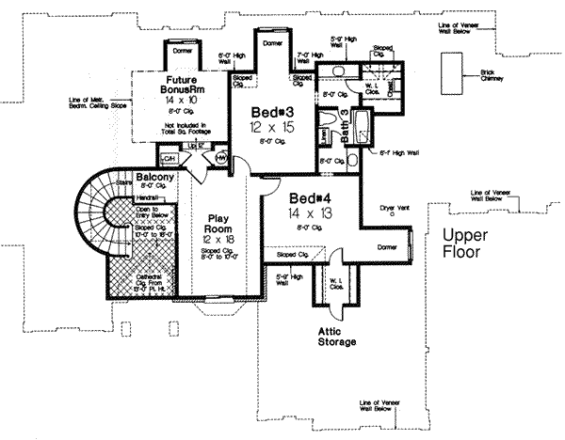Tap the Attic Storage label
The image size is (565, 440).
(x=336, y=337)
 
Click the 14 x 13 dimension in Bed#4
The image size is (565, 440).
(x=309, y=213)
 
